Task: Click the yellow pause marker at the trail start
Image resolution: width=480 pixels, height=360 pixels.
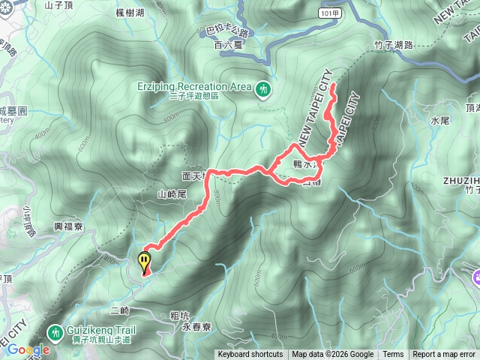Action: coord(144,262)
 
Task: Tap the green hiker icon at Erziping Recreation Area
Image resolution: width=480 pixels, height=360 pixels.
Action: coord(262,89)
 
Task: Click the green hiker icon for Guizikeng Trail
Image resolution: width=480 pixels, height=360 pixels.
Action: coord(55,331)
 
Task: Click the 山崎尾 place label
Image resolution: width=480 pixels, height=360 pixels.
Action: coord(171,193)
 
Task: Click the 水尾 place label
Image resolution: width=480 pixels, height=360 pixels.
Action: coord(440,120)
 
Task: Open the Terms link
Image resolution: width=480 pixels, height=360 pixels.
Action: coord(393,355)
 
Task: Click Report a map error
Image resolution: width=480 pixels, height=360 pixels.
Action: coord(444,355)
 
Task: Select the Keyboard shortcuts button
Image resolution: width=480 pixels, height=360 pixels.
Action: coord(250,355)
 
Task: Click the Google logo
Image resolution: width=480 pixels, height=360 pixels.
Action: coord(28,349)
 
